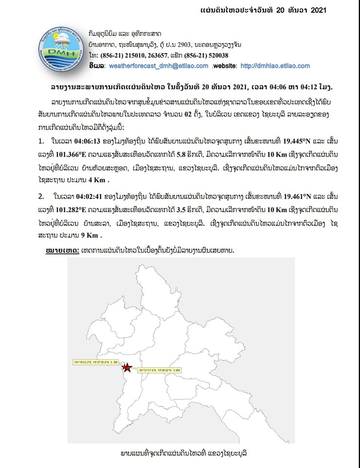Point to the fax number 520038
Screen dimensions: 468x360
[214, 55]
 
